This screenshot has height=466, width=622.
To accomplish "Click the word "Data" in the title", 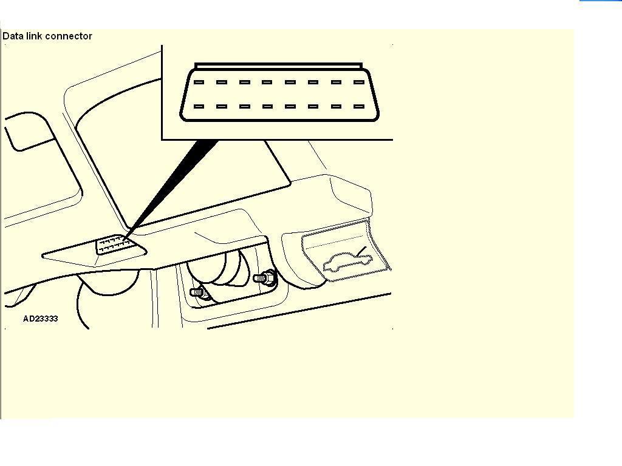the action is point(13,36).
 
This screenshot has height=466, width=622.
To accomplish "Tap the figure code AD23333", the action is point(41,319).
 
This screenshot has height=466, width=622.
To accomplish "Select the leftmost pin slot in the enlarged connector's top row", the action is point(199,83).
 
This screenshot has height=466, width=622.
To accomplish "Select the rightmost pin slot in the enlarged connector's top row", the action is point(359,83).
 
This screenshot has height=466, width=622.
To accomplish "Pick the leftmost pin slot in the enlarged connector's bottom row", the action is point(199,107).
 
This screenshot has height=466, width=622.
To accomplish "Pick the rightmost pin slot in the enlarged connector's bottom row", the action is point(359,107).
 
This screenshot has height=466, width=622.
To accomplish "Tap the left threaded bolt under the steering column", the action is point(198,292).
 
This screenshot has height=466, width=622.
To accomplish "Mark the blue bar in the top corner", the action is point(601,1).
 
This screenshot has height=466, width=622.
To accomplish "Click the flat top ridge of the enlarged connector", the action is point(278,66).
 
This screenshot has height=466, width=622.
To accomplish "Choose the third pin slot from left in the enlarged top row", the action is point(245,83).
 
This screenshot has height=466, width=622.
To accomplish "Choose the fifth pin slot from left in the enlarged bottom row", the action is point(290,107).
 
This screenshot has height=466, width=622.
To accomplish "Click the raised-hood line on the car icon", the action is point(361,251).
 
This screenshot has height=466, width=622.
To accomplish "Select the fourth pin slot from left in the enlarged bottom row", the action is point(267,107).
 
